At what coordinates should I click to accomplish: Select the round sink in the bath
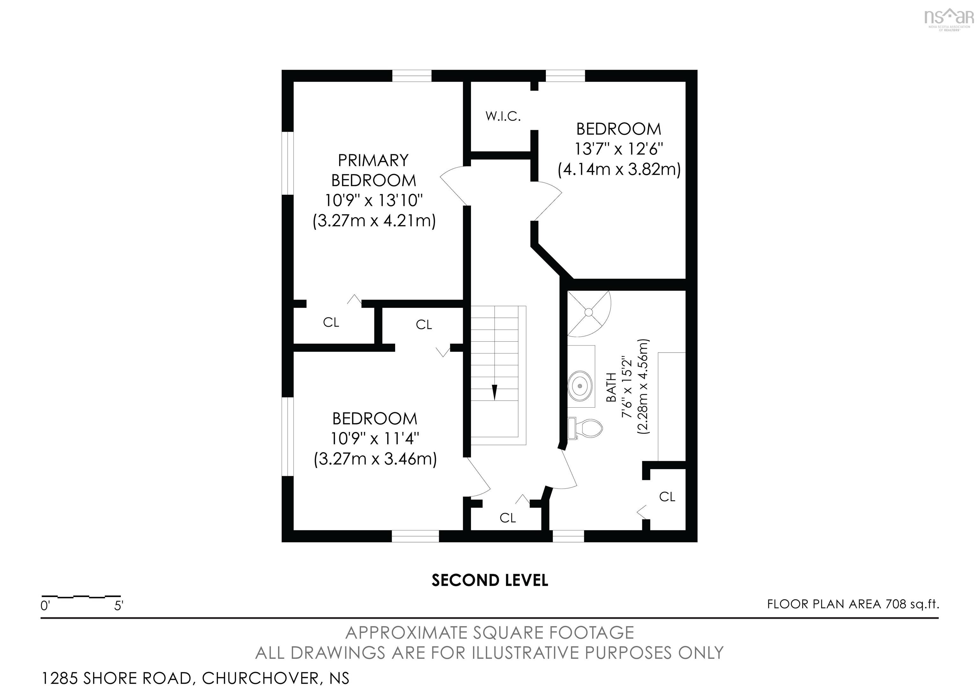pyautogui.click(x=580, y=385)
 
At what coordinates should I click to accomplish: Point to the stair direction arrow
pyautogui.click(x=495, y=391)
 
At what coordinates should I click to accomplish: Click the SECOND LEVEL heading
pyautogui.click(x=489, y=581)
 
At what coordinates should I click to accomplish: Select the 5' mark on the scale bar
pyautogui.click(x=119, y=605)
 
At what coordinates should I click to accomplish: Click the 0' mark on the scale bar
pyautogui.click(x=45, y=605)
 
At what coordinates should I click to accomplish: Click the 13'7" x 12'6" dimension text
pyautogui.click(x=619, y=149)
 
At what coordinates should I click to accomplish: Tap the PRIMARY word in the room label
pyautogui.click(x=373, y=160)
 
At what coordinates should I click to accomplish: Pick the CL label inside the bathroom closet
pyautogui.click(x=667, y=497)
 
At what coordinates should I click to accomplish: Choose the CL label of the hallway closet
pyautogui.click(x=507, y=518)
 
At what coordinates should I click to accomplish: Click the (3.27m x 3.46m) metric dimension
pyautogui.click(x=375, y=459)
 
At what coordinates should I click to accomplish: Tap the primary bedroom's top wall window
pyautogui.click(x=411, y=76)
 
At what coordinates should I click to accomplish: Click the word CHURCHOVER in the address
pyautogui.click(x=260, y=678)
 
